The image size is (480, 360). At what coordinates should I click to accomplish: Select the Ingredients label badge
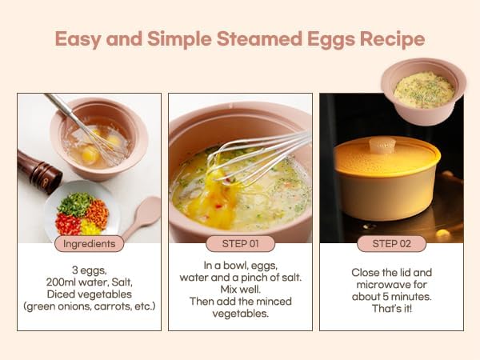point(89,243)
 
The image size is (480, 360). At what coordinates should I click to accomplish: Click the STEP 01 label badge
point(240,243)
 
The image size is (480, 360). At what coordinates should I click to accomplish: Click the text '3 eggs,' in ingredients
point(89,270)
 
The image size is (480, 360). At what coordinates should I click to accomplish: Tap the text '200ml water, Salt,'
point(89,282)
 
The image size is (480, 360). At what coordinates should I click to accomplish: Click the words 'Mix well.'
point(240,289)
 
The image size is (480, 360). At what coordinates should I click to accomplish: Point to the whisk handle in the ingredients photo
point(60,106)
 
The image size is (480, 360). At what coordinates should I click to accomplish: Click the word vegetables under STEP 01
point(240,314)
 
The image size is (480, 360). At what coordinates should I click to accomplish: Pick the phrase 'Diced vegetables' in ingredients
point(89,294)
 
